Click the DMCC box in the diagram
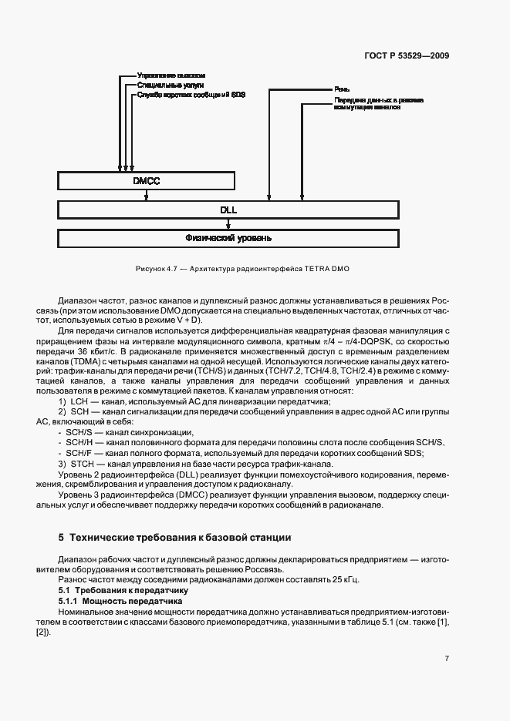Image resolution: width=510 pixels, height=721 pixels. tap(146, 181)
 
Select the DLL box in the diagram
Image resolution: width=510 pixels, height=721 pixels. tap(228, 210)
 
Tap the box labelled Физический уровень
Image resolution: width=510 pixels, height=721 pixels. tap(228, 238)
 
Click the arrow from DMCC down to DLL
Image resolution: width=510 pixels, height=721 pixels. tap(146, 196)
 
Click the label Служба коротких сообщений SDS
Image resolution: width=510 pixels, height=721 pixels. tap(191, 95)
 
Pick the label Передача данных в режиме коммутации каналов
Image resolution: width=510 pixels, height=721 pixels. tap(377, 104)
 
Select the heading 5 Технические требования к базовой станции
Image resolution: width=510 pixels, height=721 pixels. tap(175, 536)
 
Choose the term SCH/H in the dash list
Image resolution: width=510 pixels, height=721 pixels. tap(79, 443)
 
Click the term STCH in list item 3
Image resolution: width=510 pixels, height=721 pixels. tap(83, 464)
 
